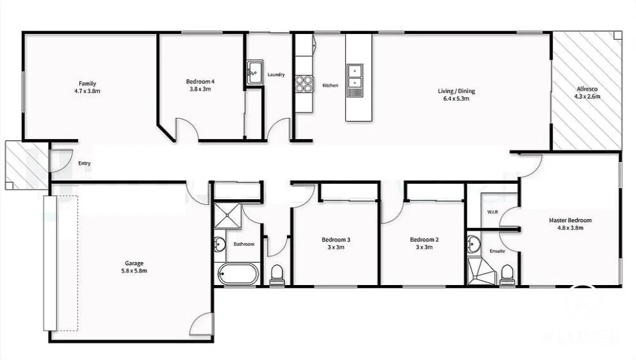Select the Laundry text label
(276, 75)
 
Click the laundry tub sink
(255, 70)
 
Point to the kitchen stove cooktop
(304, 85)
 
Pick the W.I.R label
(493, 211)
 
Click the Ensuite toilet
(507, 274)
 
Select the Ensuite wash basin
(474, 244)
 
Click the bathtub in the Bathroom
(238, 275)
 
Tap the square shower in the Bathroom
(227, 215)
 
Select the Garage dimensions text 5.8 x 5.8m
(135, 271)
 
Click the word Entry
(85, 163)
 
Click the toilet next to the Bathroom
(277, 275)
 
